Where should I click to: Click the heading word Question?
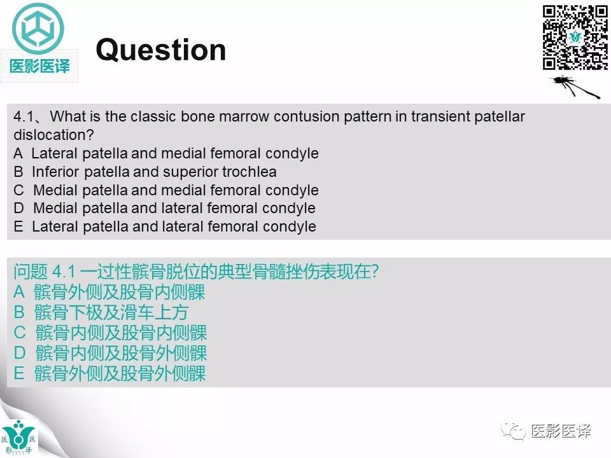[x=160, y=50]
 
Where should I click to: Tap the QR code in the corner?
[x=575, y=38]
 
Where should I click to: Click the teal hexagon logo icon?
[x=39, y=28]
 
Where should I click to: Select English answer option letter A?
[x=18, y=153]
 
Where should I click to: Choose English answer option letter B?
[x=18, y=172]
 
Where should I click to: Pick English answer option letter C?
[x=18, y=190]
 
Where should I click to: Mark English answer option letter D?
[x=18, y=208]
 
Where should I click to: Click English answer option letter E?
[x=18, y=226]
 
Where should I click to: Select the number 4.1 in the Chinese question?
[x=64, y=272]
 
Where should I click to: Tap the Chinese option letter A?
[x=19, y=293]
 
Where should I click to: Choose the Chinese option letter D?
[x=20, y=353]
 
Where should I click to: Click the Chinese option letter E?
[x=19, y=373]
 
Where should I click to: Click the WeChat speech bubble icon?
[x=513, y=432]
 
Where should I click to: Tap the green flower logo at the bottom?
[x=19, y=436]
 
